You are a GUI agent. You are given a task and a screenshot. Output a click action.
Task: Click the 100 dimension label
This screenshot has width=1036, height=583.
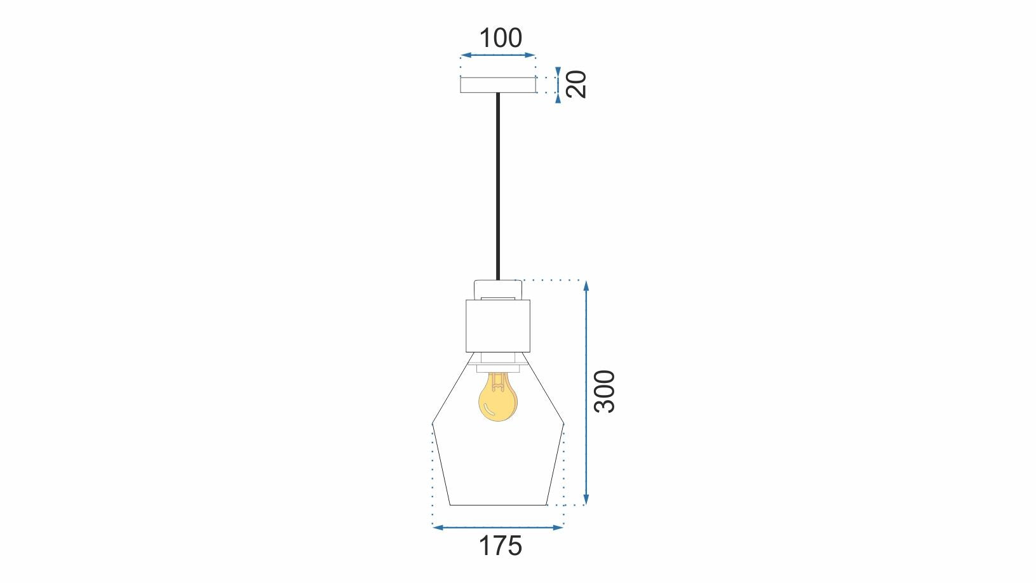(x=500, y=38)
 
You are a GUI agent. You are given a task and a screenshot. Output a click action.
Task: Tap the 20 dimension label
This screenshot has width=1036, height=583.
(x=576, y=84)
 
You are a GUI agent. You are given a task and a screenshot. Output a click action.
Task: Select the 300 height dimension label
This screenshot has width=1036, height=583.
(x=604, y=391)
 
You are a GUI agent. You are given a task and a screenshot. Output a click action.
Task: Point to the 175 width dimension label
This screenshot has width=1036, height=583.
(x=500, y=546)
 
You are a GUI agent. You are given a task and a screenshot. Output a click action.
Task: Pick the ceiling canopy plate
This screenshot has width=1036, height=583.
(x=498, y=85)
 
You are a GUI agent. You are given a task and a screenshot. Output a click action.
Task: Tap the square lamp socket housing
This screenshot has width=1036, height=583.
(x=498, y=326)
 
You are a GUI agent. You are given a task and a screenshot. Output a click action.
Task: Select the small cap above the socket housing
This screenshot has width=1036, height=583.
(x=498, y=290)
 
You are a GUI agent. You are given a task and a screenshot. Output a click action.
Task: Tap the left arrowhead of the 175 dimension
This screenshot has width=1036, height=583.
(x=436, y=527)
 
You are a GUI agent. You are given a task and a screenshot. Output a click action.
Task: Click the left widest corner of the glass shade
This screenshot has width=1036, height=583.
(x=433, y=423)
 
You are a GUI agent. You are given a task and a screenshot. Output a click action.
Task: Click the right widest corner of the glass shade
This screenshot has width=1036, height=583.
(x=564, y=423)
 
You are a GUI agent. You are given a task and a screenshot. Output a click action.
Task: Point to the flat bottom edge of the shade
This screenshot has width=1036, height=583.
(x=498, y=505)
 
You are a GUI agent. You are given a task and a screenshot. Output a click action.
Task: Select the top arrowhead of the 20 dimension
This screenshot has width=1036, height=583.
(x=558, y=70)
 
